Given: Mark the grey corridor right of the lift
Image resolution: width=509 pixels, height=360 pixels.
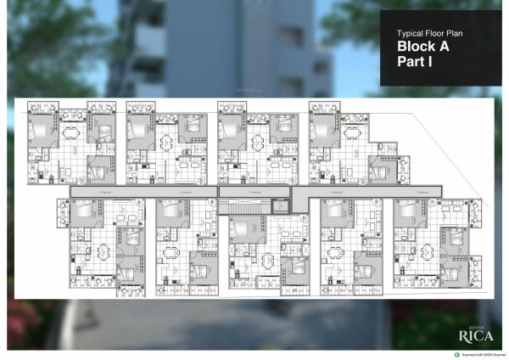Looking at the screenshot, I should click(365, 192).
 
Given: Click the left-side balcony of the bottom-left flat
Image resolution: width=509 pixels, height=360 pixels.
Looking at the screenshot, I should click(63, 212).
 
